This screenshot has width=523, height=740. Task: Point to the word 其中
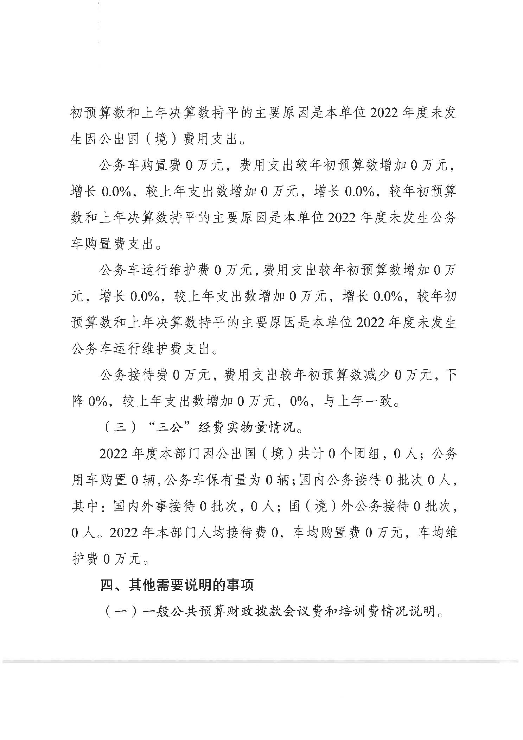tap(85, 507)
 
